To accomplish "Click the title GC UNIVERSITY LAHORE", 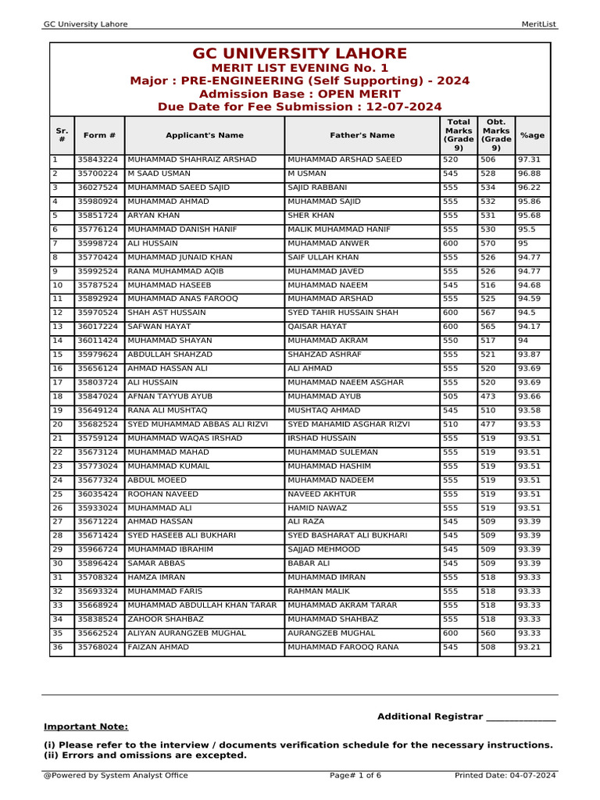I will (300, 54).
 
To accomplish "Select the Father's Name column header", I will (362, 135).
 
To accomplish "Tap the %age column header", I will (532, 135).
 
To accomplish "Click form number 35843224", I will (98, 159).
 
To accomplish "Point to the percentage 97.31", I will (529, 159).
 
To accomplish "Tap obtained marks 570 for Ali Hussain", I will (487, 243).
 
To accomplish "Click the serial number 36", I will (57, 648).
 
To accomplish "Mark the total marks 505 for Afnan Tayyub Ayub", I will (451, 397).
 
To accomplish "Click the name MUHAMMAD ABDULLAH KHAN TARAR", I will (202, 605).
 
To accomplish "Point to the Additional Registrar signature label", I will (466, 716).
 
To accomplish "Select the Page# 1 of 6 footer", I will (355, 775).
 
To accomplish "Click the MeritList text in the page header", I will (538, 24).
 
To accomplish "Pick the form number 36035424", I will (98, 495).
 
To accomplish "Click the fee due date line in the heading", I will (300, 107).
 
